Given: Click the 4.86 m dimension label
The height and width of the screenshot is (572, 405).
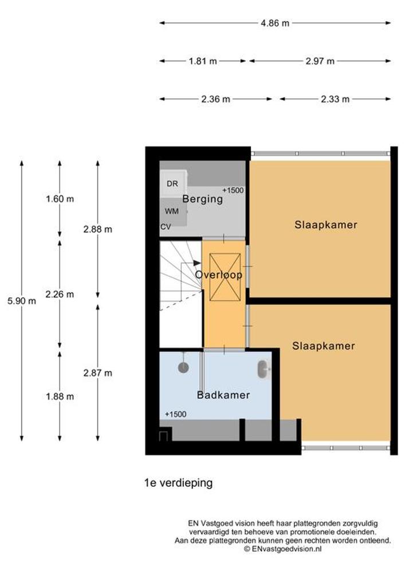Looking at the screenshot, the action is pos(274,23).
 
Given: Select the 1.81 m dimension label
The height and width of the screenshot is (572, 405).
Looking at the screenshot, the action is pos(203,61).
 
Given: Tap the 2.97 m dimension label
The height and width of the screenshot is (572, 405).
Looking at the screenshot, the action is pos(320,61).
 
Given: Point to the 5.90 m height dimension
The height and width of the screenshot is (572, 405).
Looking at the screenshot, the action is pos(22,301).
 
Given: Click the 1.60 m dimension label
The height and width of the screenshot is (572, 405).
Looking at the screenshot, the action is pos(60,199).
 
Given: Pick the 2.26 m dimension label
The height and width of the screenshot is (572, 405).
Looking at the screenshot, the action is pos(60,295).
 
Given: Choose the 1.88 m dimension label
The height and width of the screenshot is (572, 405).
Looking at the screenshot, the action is pos(60,396).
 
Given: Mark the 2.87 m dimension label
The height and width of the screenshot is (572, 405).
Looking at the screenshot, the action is pos(97,373).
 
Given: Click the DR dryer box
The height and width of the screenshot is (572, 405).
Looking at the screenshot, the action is pos(173,184).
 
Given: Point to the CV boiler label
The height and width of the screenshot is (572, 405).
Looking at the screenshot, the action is pos(166,227).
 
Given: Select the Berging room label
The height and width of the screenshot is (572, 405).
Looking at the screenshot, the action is pos(202,199).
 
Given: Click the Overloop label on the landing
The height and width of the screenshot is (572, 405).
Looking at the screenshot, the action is pos(219,275).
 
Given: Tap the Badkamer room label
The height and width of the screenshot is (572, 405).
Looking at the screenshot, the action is pos(223,395).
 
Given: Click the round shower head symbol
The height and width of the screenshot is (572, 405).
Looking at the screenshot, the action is pos(183,367).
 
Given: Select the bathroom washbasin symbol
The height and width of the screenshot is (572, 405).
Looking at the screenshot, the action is pos(263,370).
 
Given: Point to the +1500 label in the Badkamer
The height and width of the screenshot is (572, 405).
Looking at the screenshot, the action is pos(176,414).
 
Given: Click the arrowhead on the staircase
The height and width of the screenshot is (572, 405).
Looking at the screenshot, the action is pos(197,263).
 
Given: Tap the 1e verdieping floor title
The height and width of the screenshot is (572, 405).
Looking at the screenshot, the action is pos(179,483).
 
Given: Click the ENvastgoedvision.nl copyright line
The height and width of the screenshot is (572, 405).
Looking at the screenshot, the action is pos(282,549).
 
